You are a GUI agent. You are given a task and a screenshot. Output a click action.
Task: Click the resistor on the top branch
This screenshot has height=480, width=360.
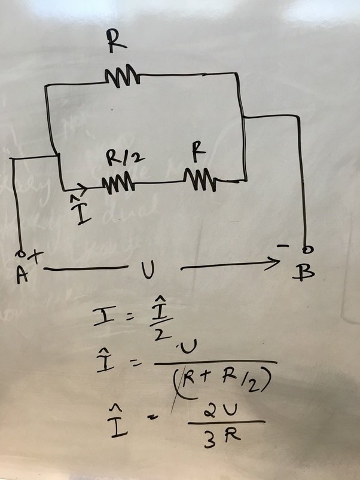[123, 76]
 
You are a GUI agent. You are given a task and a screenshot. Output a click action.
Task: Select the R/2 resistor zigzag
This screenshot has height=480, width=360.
[118, 184]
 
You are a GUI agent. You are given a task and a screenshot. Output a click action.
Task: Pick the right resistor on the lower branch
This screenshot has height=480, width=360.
[200, 178]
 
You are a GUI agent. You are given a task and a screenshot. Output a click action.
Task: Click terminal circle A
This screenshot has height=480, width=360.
[21, 252]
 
